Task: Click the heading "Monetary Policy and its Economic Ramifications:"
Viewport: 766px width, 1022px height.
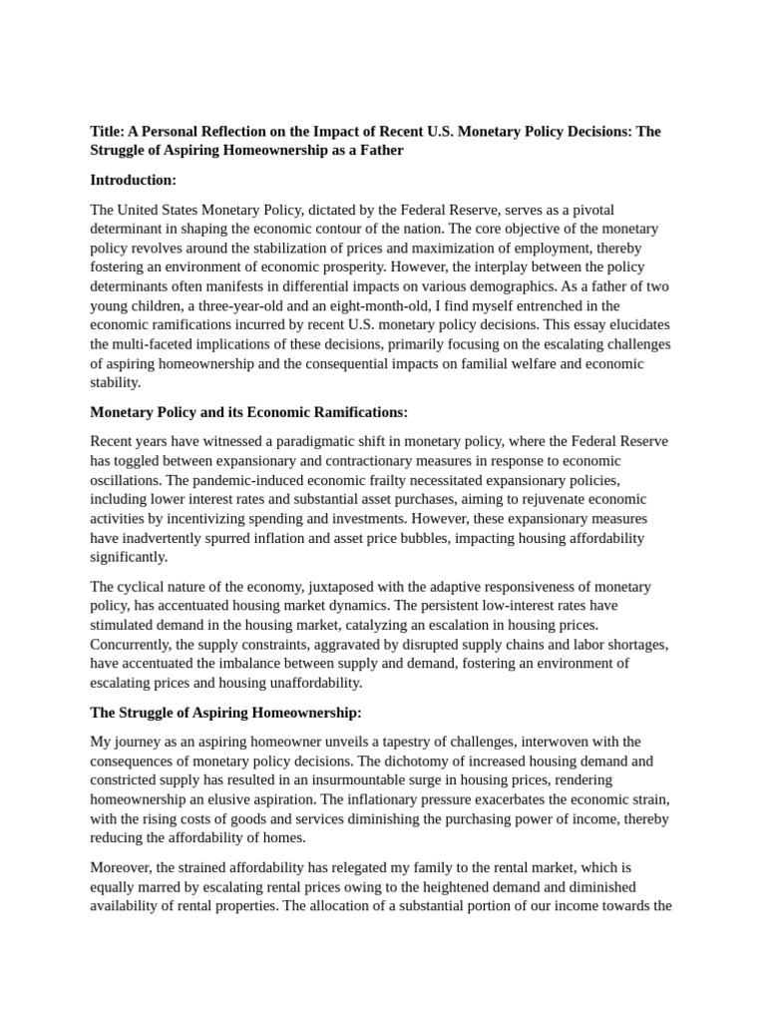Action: pyautogui.click(x=249, y=412)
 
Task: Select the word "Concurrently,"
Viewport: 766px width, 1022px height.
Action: pyautogui.click(x=135, y=645)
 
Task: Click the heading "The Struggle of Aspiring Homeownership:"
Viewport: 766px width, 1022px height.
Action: pyautogui.click(x=226, y=713)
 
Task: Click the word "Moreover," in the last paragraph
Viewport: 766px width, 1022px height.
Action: pyautogui.click(x=124, y=867)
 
